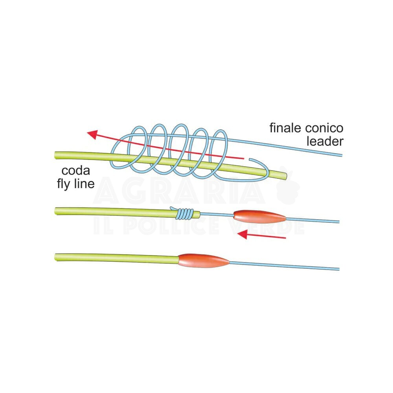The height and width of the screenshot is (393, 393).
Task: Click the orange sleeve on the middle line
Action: point(259,216)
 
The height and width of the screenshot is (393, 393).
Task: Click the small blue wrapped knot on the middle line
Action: point(185,213)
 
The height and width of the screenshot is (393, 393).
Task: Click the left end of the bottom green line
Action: point(57,257)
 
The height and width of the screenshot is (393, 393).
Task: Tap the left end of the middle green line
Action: point(57,210)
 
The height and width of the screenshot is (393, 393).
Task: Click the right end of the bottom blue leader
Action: point(338,269)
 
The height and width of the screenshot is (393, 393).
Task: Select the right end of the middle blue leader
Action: point(338,222)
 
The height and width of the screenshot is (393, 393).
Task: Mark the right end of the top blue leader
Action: point(342,155)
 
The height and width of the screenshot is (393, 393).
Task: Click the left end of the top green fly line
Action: point(57,154)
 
